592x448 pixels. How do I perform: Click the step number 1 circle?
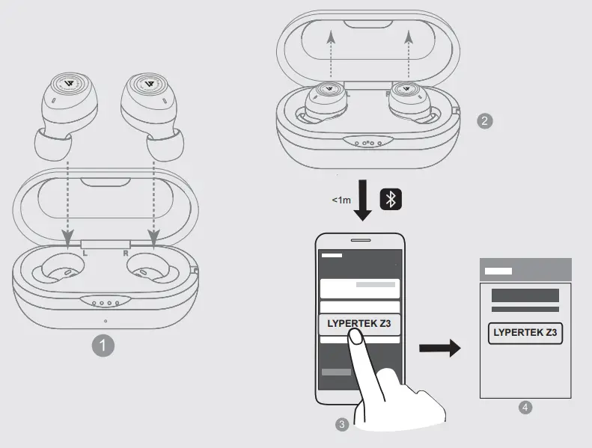coord(103,346)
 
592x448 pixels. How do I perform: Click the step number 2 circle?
coord(485,120)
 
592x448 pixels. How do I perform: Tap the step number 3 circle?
coord(342,424)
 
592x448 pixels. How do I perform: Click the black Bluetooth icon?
coord(391,199)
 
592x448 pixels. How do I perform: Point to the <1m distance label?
coord(341,200)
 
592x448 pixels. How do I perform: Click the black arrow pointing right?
coord(439,348)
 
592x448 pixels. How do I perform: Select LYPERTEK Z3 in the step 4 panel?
coord(525,333)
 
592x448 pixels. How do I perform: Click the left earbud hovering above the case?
coord(67,113)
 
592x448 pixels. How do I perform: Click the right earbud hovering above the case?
coord(151,113)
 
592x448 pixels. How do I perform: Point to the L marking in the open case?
coord(86,254)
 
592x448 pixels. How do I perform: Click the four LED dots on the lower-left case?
coord(105,304)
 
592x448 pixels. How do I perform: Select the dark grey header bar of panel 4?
coord(525,270)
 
